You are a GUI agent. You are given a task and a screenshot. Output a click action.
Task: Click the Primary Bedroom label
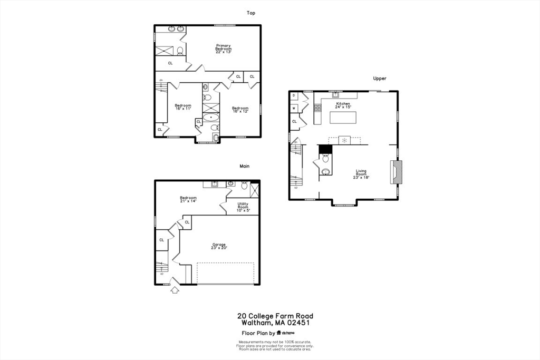click(x=223, y=48)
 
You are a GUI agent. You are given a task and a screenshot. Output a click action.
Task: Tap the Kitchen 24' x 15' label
click(x=343, y=105)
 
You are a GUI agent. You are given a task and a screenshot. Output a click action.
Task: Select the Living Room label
click(x=361, y=174)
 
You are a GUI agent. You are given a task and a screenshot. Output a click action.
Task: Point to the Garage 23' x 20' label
click(x=219, y=246)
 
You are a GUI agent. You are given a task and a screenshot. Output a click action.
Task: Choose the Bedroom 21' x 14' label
click(x=188, y=199)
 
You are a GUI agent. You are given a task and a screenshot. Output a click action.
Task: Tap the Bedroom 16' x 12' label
click(x=240, y=109)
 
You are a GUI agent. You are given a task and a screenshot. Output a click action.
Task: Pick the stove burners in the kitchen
click(x=317, y=108)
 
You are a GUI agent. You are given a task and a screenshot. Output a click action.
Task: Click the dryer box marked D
click(x=293, y=95)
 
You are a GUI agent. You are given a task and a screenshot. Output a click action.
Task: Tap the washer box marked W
click(x=293, y=108)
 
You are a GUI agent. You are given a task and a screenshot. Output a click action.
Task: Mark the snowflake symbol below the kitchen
click(x=344, y=140)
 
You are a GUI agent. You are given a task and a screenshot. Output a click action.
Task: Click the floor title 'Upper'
click(x=380, y=79)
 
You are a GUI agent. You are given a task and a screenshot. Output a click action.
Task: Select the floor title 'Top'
click(x=251, y=13)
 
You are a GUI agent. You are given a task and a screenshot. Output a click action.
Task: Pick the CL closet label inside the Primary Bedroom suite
click(x=170, y=63)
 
